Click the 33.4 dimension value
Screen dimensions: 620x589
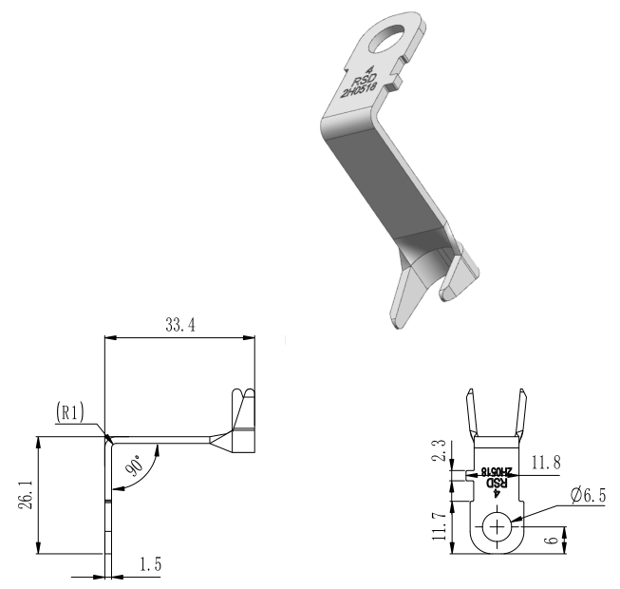(x=180, y=325)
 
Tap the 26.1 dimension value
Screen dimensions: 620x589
(x=27, y=495)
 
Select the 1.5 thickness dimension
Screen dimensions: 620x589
(x=151, y=564)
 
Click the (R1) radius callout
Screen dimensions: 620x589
(x=70, y=412)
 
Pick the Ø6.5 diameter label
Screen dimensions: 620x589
(x=589, y=495)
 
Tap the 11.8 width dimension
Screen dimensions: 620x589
(x=546, y=462)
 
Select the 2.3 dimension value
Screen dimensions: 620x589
(x=439, y=450)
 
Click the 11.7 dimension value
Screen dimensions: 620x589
(x=439, y=526)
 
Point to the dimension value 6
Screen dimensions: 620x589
(x=553, y=540)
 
